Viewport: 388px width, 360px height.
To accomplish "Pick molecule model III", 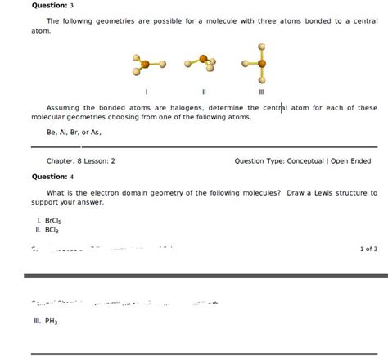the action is click(259, 65).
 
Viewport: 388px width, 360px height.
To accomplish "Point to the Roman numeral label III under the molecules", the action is click(260, 92).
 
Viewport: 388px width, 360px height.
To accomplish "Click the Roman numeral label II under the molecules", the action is click(203, 92).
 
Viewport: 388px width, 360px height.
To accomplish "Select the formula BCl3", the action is click(45, 231).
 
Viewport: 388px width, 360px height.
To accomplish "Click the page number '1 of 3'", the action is click(368, 248).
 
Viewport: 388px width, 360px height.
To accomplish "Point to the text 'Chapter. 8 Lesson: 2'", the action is click(81, 161).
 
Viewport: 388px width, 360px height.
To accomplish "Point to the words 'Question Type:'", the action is click(259, 161).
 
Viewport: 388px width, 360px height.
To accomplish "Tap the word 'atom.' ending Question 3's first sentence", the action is click(41, 30).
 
